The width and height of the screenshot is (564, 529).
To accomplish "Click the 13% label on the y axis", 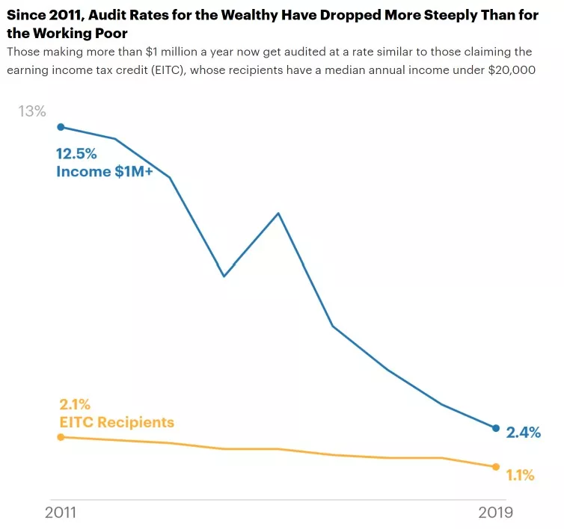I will click(x=32, y=111).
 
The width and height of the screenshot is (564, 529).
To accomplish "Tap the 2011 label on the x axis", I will click(x=61, y=513).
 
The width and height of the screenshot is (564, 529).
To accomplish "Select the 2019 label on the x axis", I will click(x=495, y=513).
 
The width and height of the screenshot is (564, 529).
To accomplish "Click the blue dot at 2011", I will click(x=61, y=127).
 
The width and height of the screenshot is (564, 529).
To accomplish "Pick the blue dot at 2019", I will click(x=495, y=428).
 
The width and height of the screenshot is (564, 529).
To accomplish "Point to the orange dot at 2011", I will click(x=61, y=437).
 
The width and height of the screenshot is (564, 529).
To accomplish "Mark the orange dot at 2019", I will click(x=495, y=467).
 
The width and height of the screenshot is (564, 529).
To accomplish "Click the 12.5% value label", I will click(x=76, y=154).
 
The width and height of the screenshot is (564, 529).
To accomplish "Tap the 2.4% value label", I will click(x=523, y=433).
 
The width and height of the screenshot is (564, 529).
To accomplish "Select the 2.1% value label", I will click(x=75, y=405).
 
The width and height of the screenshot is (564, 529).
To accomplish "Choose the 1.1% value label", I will click(x=519, y=475).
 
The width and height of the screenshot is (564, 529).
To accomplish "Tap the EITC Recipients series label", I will click(x=117, y=423).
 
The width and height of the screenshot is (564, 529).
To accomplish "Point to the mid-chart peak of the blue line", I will click(x=278, y=214).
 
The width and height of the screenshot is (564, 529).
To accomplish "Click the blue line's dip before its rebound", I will click(x=224, y=276).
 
